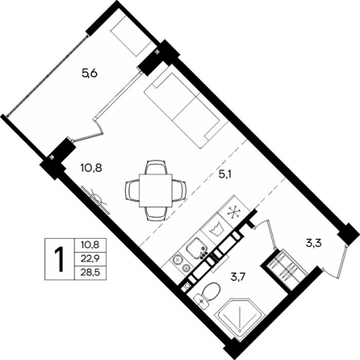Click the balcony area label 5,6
point(89,73)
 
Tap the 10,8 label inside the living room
point(91,168)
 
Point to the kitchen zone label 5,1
point(225,175)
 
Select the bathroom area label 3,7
point(237,276)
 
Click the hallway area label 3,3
point(315,245)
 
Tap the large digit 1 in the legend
point(59,259)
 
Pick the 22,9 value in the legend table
point(90,259)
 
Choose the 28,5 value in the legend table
point(90,273)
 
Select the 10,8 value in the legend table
point(90,245)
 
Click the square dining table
point(156,190)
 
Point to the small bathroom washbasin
point(201,301)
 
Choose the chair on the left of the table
point(132,190)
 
